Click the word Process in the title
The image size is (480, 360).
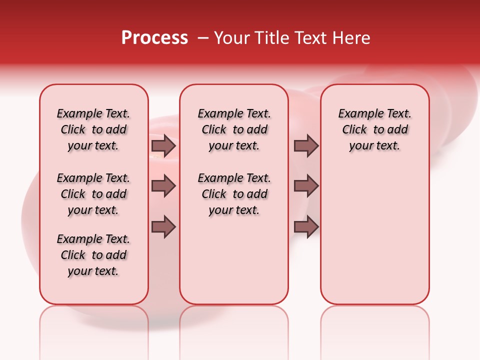pyautogui.click(x=154, y=38)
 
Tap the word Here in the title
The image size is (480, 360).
pyautogui.click(x=352, y=38)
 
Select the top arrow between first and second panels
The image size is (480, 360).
pyautogui.click(x=163, y=145)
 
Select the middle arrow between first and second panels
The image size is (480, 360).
pyautogui.click(x=163, y=186)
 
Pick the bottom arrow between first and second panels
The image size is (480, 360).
pyautogui.click(x=163, y=227)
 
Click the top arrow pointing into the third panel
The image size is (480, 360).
pyautogui.click(x=306, y=145)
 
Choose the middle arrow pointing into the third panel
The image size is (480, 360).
pyautogui.click(x=306, y=186)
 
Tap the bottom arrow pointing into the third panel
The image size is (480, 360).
pyautogui.click(x=306, y=227)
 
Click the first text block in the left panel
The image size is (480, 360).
pyautogui.click(x=93, y=129)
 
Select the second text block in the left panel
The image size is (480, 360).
pyautogui.click(x=93, y=194)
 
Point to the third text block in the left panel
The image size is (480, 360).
pyautogui.click(x=93, y=255)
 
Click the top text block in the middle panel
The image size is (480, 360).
pyautogui.click(x=234, y=129)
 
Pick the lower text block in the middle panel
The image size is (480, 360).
pyautogui.click(x=234, y=194)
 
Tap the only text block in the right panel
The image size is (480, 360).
pyautogui.click(x=375, y=129)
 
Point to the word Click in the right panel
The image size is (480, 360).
pyautogui.click(x=354, y=130)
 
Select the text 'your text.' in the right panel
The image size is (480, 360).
pyautogui.click(x=375, y=146)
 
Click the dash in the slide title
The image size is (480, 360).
pyautogui.click(x=202, y=38)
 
